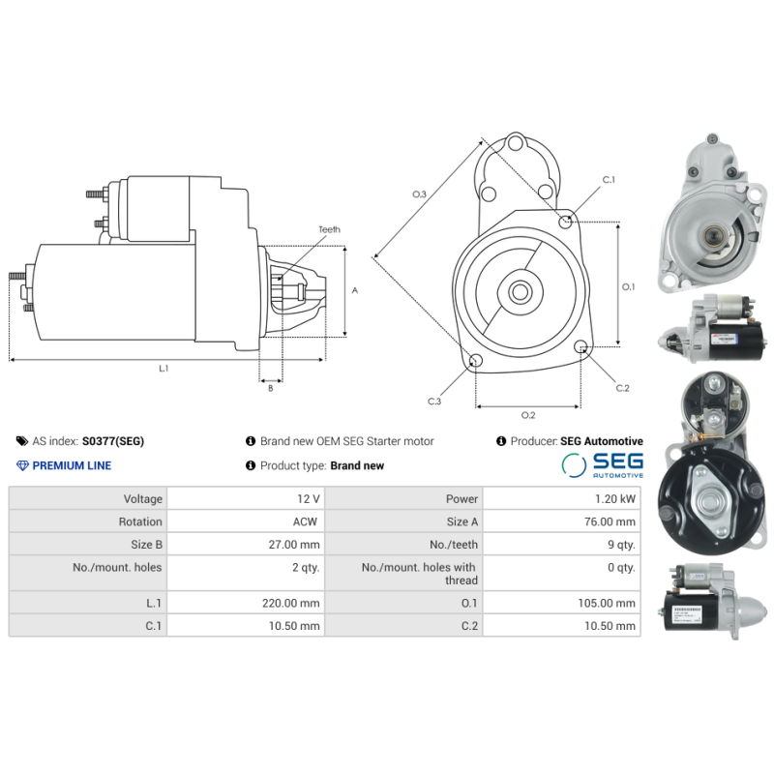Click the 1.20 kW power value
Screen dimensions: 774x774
coord(615,499)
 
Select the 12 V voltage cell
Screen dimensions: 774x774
coord(309,499)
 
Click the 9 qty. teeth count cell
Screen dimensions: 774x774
coord(620,545)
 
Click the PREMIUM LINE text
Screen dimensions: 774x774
coord(72,465)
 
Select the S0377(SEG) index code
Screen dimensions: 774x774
coord(113,441)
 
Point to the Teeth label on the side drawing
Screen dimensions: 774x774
coord(329,230)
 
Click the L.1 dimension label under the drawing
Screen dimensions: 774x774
coord(164,369)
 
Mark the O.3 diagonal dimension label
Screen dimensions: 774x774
coord(419,194)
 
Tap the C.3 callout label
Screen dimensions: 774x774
coord(434,401)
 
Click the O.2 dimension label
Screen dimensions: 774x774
coord(528,415)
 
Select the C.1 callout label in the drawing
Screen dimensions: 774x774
coord(609,180)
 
